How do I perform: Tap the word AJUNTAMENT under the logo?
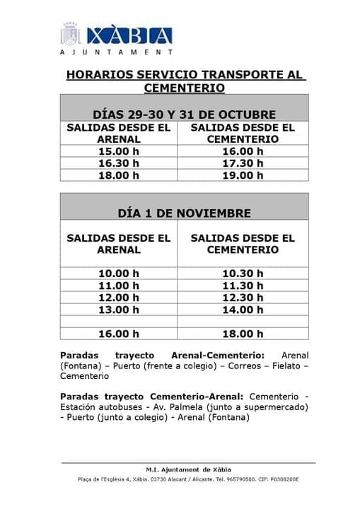point(116,52)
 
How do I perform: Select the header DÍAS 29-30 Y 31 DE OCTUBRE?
point(184,115)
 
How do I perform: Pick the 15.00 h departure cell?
point(119,151)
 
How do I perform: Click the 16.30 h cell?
point(119,163)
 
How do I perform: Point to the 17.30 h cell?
point(243,163)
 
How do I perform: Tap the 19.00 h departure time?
point(243,175)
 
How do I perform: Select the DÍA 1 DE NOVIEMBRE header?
point(184,213)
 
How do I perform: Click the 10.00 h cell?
point(119,274)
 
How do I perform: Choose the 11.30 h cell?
point(243,286)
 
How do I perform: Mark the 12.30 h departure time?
point(243,298)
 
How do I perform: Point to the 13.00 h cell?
point(119,310)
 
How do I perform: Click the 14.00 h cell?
point(243,310)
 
